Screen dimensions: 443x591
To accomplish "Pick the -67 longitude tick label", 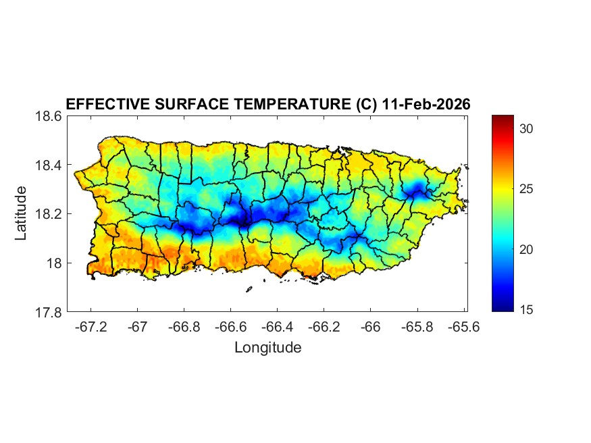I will (x=138, y=327).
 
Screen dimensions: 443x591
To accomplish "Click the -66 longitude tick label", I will (x=371, y=327).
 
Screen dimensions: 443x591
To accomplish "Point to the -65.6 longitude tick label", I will (x=463, y=327).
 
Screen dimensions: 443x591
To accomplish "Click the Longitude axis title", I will (x=267, y=348).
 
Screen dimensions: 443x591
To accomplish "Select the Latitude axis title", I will (x=22, y=213).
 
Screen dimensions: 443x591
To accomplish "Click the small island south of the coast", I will (x=249, y=289).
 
